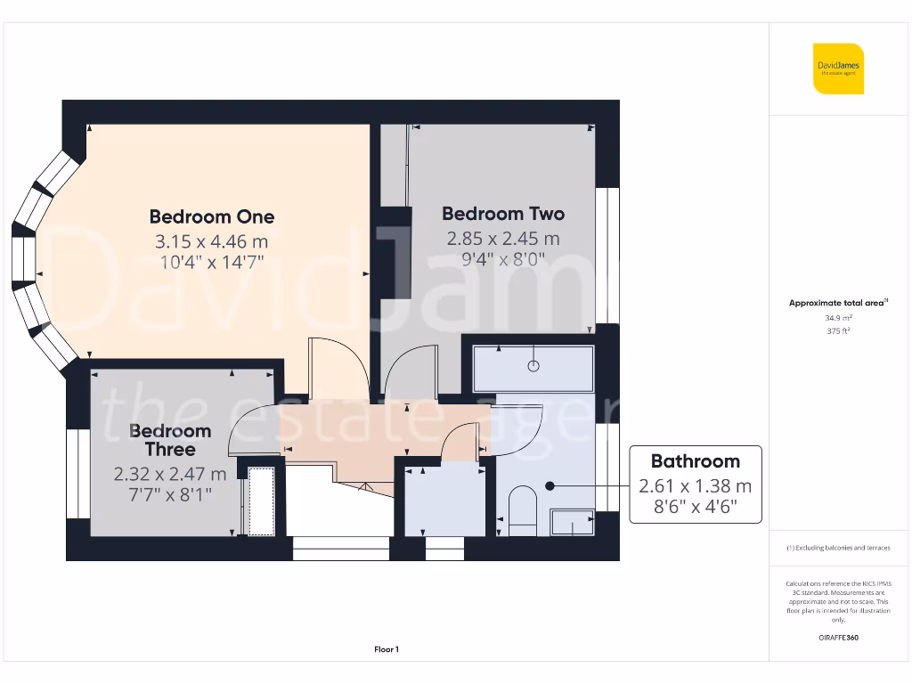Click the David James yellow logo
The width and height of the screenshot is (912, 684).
pos(838,68)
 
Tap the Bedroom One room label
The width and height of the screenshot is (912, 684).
pos(212,216)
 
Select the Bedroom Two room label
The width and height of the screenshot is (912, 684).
pos(503,214)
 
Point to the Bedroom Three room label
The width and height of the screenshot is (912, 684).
pos(170,440)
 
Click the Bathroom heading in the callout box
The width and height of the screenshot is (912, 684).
pos(695,461)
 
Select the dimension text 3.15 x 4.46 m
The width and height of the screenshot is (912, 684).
pos(212,241)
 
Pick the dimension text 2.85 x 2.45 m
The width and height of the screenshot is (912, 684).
pos(503,239)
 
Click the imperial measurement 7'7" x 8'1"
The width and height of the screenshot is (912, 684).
pos(170,494)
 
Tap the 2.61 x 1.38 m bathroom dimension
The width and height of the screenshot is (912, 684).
pos(695,486)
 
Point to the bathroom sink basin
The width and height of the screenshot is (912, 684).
pos(572,522)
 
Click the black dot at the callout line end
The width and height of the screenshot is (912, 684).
pos(550,486)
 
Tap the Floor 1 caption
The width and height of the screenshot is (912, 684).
pos(387,650)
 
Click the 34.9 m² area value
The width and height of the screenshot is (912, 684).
pos(837,318)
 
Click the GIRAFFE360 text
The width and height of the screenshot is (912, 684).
pos(837,638)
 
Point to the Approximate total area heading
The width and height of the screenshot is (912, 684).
pos(837,303)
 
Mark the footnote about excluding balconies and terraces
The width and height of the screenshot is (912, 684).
pos(837,549)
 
